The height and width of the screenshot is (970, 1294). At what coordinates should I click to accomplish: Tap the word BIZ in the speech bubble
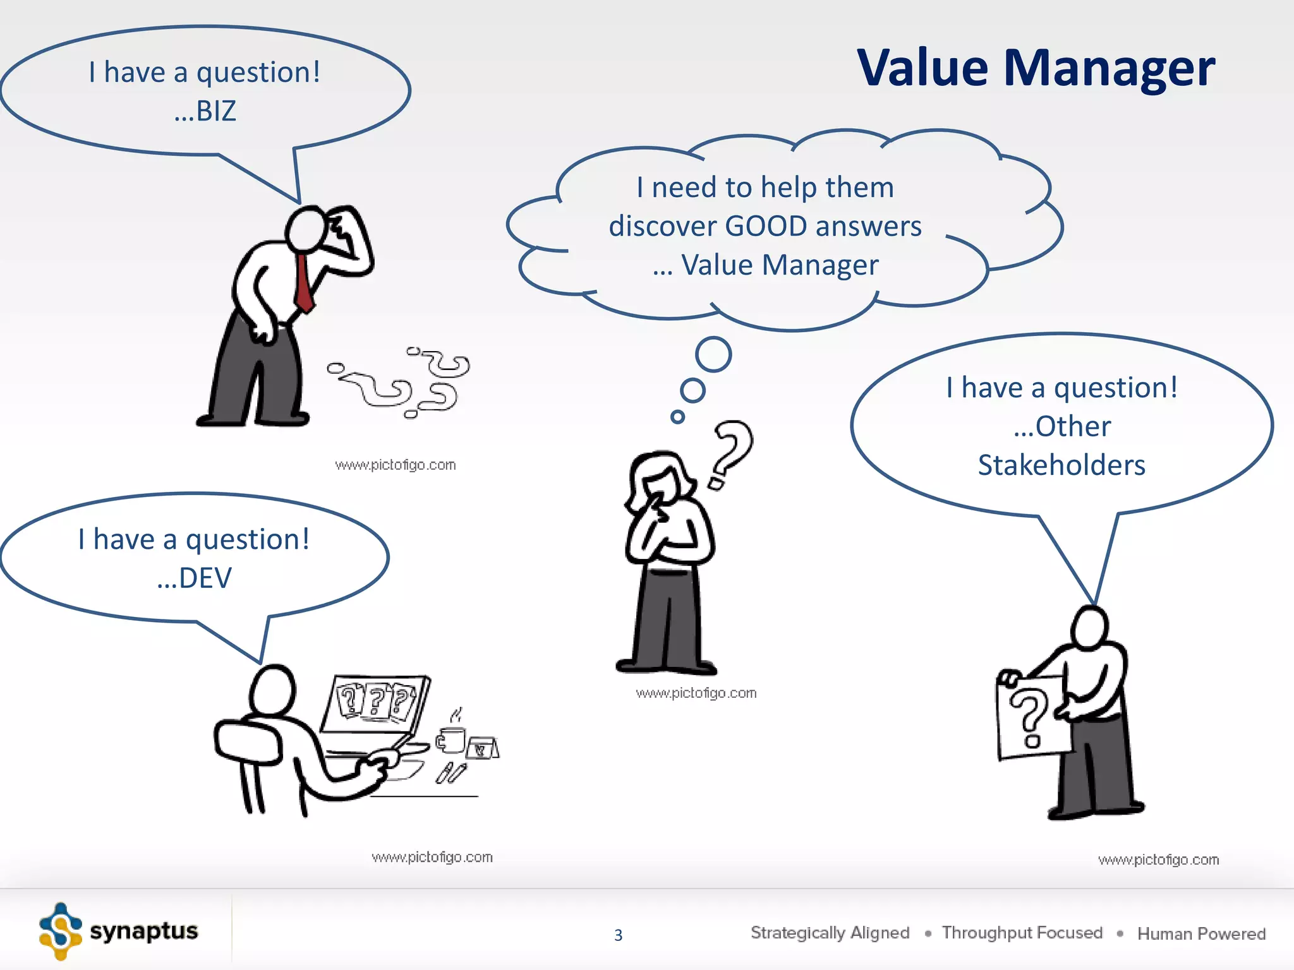(x=215, y=112)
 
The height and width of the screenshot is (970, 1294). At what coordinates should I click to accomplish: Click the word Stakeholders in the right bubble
(x=1061, y=465)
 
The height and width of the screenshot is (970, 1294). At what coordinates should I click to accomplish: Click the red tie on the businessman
(x=303, y=284)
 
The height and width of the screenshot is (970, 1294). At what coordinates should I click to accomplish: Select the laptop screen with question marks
(x=375, y=702)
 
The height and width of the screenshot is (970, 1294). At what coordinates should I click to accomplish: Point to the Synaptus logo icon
(x=61, y=931)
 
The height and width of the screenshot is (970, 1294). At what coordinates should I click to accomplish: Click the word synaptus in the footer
(x=143, y=931)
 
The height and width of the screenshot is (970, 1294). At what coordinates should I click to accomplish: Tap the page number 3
(x=618, y=935)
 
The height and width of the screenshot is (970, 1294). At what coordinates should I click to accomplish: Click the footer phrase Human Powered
(x=1201, y=933)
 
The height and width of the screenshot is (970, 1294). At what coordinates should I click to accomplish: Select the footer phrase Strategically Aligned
(x=830, y=933)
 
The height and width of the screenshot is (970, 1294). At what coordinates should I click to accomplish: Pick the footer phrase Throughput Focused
(x=1022, y=933)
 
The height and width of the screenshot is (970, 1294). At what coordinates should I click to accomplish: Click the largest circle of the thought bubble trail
(x=713, y=354)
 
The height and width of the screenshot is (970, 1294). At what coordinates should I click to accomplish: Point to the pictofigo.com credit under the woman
(x=696, y=693)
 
